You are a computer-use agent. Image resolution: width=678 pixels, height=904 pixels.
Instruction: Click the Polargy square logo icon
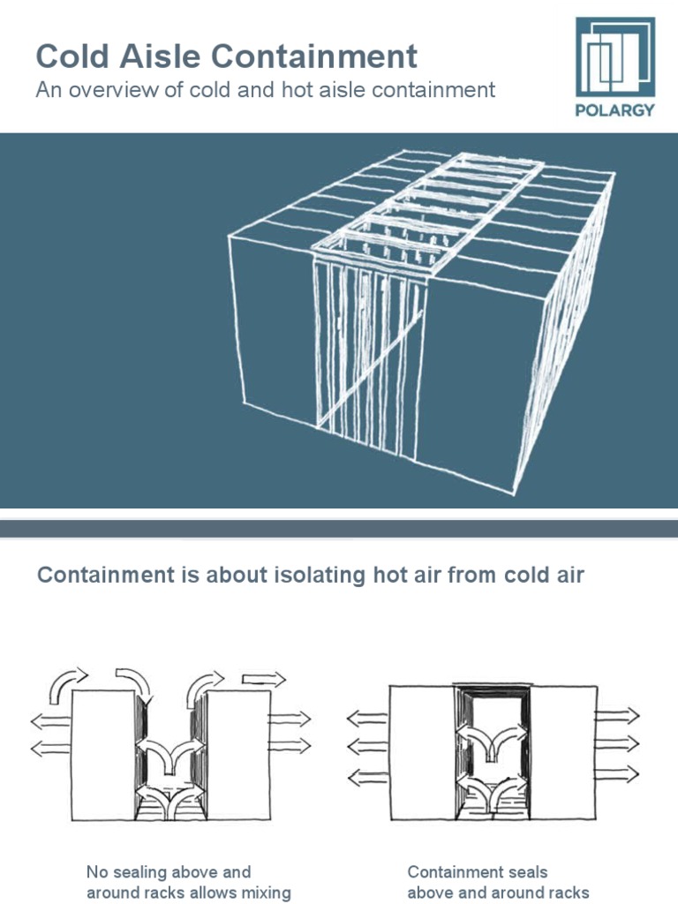tap(615, 57)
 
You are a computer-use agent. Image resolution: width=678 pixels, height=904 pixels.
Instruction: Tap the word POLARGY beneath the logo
tap(615, 110)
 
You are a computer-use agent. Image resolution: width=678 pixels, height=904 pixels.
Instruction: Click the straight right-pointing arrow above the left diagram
tap(264, 679)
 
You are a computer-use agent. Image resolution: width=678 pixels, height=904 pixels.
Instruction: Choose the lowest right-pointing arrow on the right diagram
tap(617, 774)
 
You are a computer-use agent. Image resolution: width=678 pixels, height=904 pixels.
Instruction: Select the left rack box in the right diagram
tap(422, 752)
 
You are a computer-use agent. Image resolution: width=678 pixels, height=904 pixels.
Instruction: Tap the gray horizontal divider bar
tap(339, 528)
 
